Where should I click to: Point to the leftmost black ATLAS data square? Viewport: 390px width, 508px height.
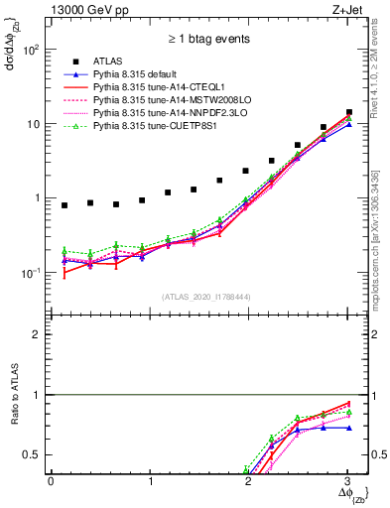(x=65, y=205)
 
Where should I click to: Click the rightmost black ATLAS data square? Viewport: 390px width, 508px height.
(x=349, y=112)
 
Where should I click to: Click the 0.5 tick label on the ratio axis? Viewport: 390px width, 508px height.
(x=37, y=455)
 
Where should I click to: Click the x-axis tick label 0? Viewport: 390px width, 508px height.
(x=52, y=481)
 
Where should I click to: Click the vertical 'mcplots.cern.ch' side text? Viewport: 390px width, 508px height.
(x=381, y=258)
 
